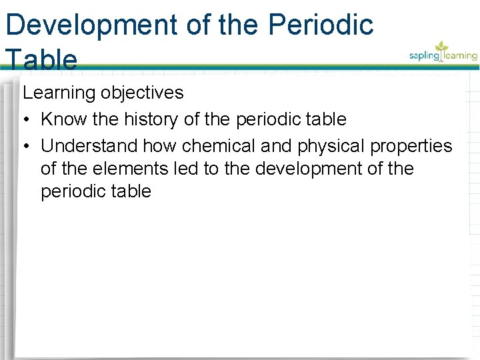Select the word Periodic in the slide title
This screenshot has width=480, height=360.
tap(321, 25)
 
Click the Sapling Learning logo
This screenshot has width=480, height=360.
tap(443, 53)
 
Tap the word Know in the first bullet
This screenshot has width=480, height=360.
tap(63, 119)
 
